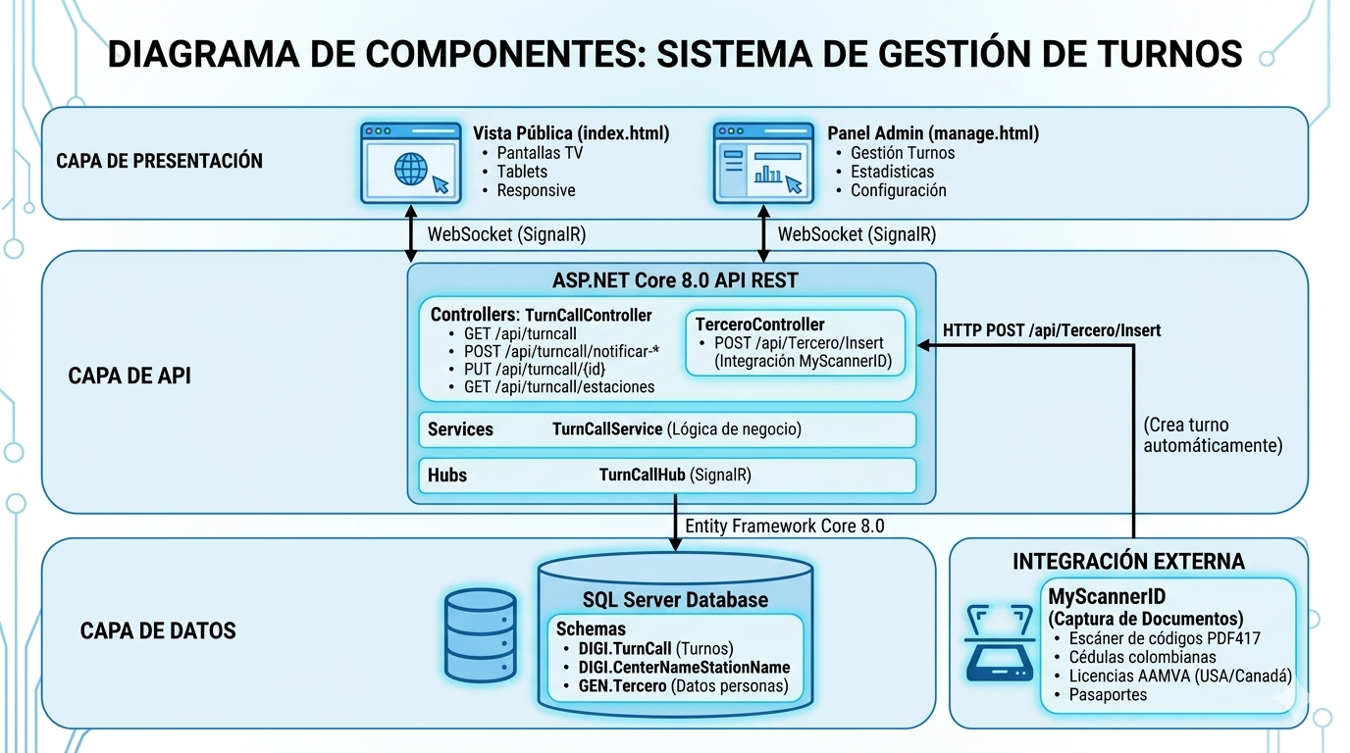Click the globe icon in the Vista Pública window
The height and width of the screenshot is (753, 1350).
point(410,169)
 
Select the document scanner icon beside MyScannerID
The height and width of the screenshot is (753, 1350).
point(1001,643)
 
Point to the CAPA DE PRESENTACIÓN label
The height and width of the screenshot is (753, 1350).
point(159,161)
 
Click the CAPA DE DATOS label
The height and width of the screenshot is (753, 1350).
point(158,630)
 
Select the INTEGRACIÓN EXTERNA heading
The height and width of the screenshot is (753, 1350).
point(1128,561)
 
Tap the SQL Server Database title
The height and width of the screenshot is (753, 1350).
point(675,599)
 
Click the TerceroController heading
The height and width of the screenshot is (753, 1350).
point(759,324)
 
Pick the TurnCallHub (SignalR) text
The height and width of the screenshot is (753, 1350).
point(675,475)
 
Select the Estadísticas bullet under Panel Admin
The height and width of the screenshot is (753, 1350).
point(892,172)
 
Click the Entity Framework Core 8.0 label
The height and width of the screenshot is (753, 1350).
point(784,527)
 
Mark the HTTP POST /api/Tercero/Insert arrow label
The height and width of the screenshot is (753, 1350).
point(1051,330)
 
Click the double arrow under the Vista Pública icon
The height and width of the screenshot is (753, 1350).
point(410,235)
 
